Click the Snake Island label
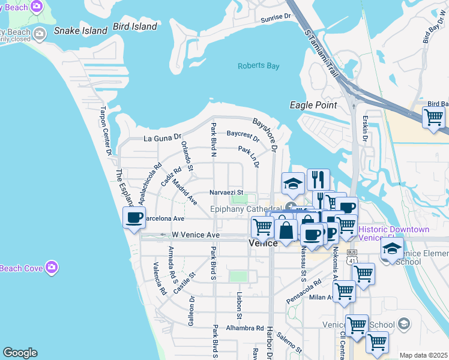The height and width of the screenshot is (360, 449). pyautogui.click(x=76, y=30)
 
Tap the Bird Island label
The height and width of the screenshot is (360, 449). pyautogui.click(x=136, y=27)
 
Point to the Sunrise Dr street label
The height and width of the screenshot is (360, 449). pyautogui.click(x=276, y=19)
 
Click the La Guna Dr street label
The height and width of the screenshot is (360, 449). pyautogui.click(x=162, y=137)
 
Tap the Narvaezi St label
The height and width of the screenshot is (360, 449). pyautogui.click(x=226, y=192)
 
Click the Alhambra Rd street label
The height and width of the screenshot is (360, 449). pyautogui.click(x=244, y=328)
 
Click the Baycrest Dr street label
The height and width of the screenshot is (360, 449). pyautogui.click(x=243, y=136)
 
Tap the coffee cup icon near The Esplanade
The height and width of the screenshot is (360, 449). pyautogui.click(x=134, y=217)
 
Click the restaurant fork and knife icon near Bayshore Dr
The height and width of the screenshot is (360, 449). pyautogui.click(x=318, y=179)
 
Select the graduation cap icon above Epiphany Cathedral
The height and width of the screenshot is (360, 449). pyautogui.click(x=292, y=184)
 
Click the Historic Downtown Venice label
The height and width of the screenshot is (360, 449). pyautogui.click(x=394, y=233)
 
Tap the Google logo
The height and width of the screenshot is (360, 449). pyautogui.click(x=20, y=353)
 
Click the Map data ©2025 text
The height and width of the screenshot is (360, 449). pyautogui.click(x=423, y=355)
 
